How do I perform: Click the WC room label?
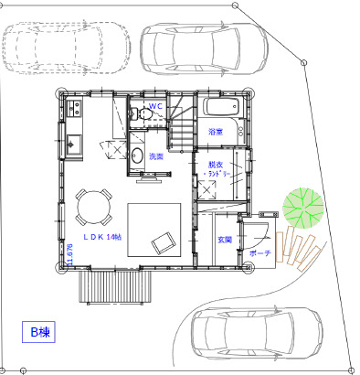(x=155, y=106)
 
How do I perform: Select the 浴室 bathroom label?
(x=216, y=133)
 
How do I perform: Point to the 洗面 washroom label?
(x=156, y=156)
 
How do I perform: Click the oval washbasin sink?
(x=136, y=153)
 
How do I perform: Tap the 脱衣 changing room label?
(x=217, y=167)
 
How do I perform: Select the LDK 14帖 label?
(x=101, y=237)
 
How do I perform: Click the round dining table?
(x=91, y=207)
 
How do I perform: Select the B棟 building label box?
(x=39, y=332)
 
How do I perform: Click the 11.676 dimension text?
(x=69, y=254)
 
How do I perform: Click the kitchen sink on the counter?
(x=73, y=143)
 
